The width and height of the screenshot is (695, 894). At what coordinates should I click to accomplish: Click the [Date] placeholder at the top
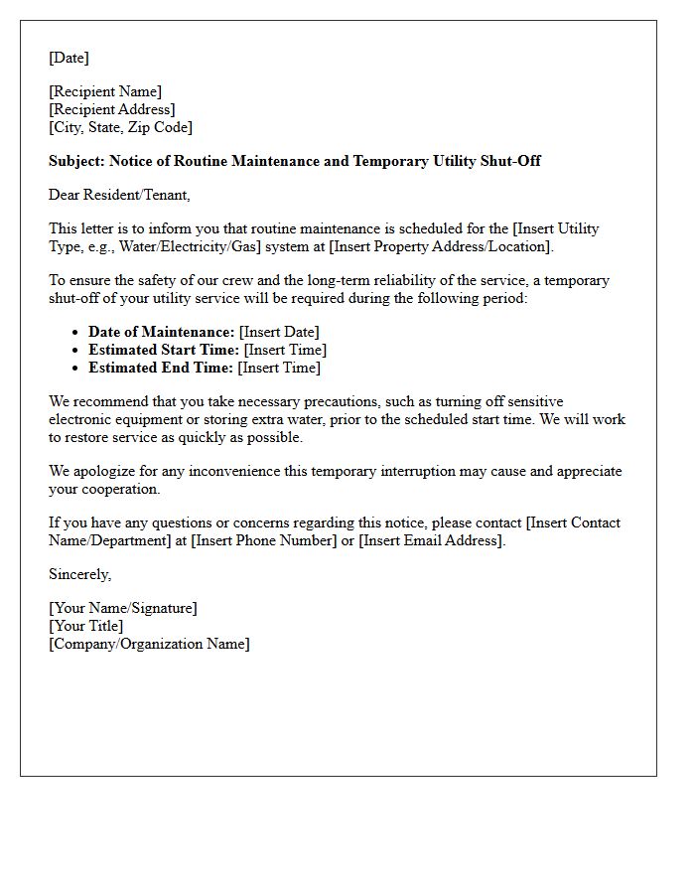(69, 58)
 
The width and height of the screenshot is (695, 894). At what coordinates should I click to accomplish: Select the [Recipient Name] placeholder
(105, 91)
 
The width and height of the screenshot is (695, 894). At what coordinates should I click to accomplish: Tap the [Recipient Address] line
(112, 109)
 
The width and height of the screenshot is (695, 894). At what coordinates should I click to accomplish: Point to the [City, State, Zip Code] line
(120, 127)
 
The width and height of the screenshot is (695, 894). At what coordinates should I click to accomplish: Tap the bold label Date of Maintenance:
(162, 332)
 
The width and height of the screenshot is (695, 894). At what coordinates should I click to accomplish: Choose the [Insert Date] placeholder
(279, 332)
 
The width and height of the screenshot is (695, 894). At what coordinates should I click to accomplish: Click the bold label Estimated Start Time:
(164, 350)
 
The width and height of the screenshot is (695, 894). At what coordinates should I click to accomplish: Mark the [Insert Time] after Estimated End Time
(279, 368)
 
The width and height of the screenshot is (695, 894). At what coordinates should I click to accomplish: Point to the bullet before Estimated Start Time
(76, 351)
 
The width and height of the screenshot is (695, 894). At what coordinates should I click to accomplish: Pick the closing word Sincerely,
(80, 574)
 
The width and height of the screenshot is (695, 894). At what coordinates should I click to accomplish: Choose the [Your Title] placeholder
(86, 626)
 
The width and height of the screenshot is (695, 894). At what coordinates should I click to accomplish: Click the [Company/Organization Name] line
(149, 644)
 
